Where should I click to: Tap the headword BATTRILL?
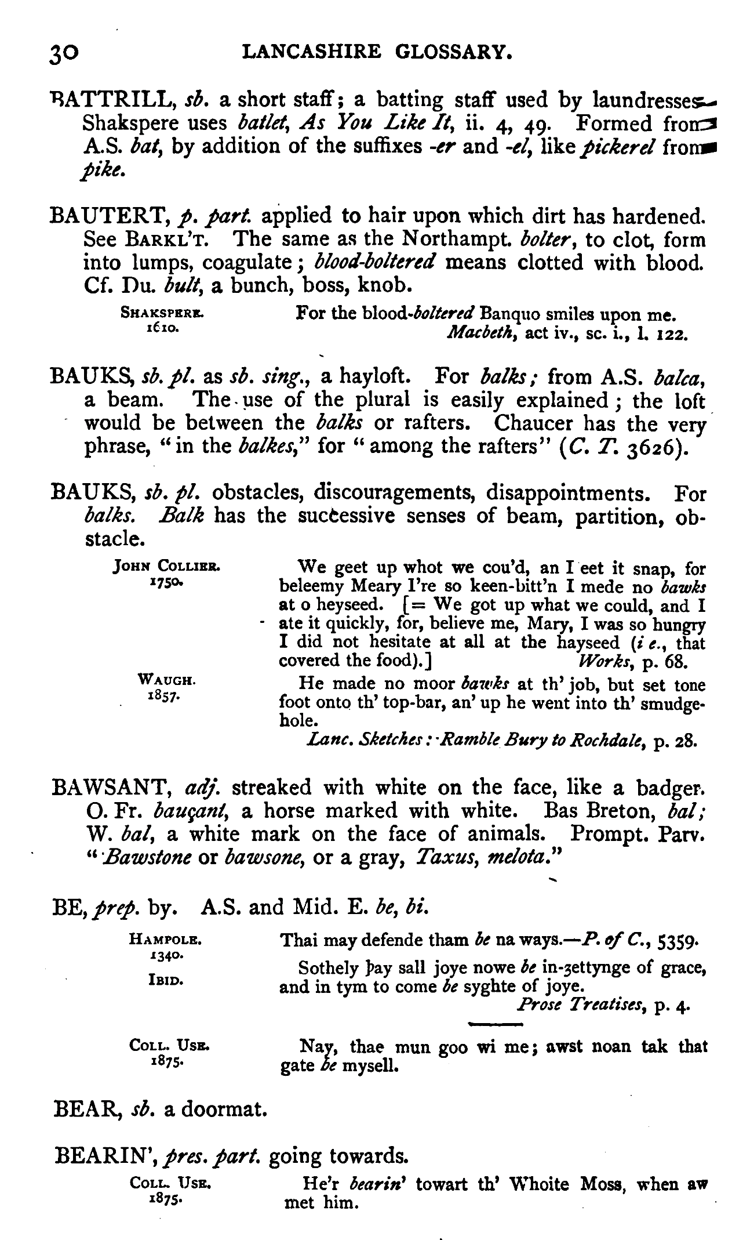[113, 101]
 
